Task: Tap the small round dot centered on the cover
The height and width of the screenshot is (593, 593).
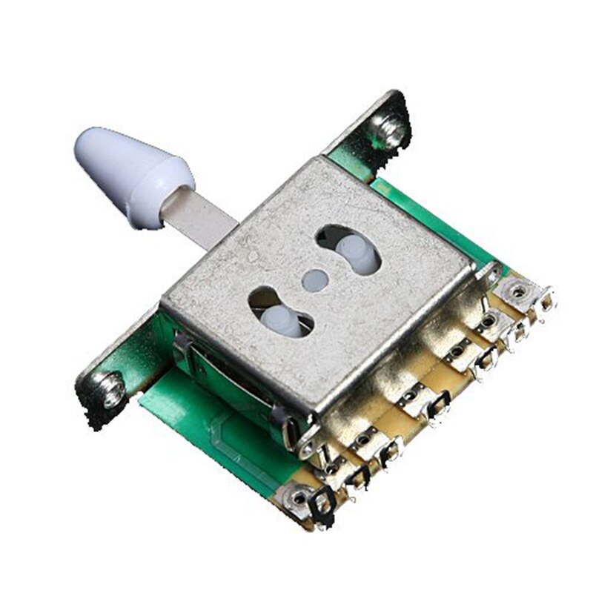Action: tap(314, 279)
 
